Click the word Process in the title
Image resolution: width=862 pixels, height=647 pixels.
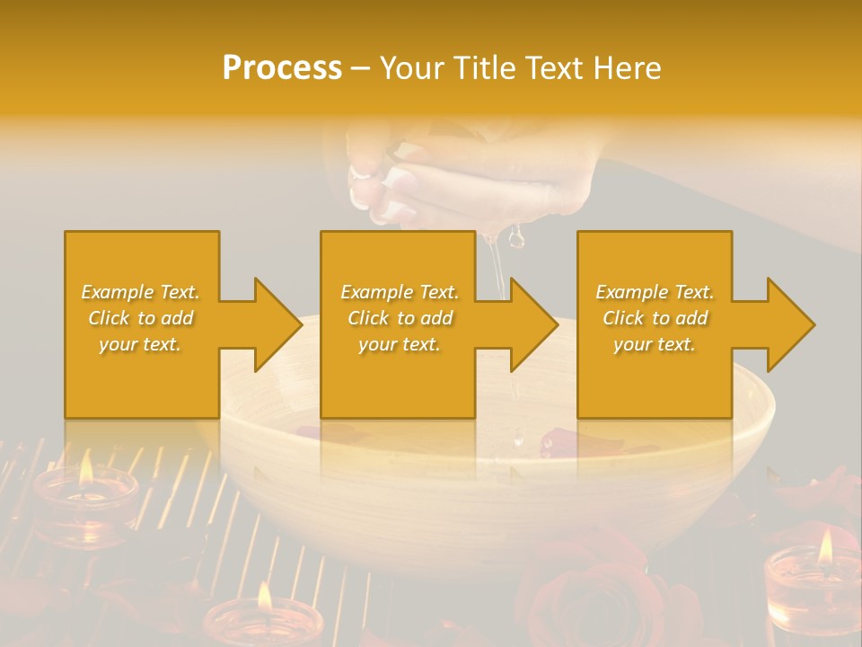coord(282,68)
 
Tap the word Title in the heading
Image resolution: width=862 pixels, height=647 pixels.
coord(483,68)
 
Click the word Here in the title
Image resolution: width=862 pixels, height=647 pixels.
coord(628,68)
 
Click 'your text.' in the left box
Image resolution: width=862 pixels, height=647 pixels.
coord(140,343)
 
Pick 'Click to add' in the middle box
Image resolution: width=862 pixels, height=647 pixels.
coord(400,317)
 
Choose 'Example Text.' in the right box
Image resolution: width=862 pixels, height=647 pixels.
coord(655,291)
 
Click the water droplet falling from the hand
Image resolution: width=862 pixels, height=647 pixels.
coord(516,238)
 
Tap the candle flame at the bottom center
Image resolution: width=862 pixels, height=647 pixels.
coord(264,595)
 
